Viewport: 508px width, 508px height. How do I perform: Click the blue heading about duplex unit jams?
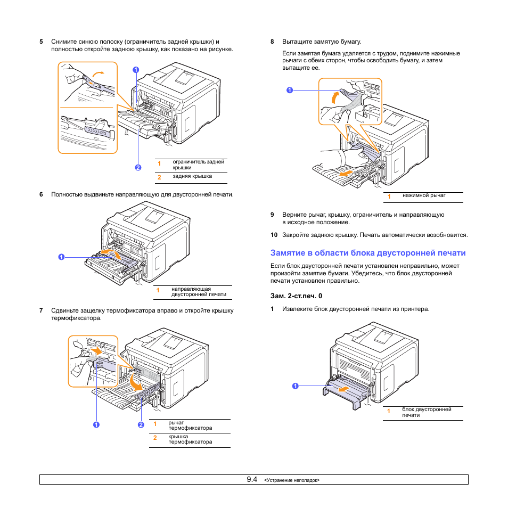(x=368, y=253)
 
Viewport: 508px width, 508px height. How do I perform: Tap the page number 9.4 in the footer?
(x=252, y=479)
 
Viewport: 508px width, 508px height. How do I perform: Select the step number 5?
(x=41, y=42)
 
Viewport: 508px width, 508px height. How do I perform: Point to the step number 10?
(x=274, y=235)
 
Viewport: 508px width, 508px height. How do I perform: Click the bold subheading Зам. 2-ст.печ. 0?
(x=297, y=296)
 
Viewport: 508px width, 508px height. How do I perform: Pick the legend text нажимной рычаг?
(x=424, y=196)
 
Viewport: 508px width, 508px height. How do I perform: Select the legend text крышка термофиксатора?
(x=190, y=439)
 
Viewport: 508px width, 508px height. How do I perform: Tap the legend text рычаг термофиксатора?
(x=190, y=425)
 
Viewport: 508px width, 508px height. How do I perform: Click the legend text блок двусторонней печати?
(x=427, y=412)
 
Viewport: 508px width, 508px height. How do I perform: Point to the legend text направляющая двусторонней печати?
(x=198, y=291)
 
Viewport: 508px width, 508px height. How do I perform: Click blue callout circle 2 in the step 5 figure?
(x=138, y=167)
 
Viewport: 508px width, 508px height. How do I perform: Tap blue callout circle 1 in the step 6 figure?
(x=61, y=257)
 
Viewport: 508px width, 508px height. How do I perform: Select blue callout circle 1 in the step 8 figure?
(x=289, y=90)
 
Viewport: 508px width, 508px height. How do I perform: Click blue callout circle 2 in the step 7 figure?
(x=141, y=424)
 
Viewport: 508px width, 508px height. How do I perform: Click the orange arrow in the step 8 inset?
(x=335, y=97)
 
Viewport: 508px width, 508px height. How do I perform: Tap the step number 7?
(x=41, y=310)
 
